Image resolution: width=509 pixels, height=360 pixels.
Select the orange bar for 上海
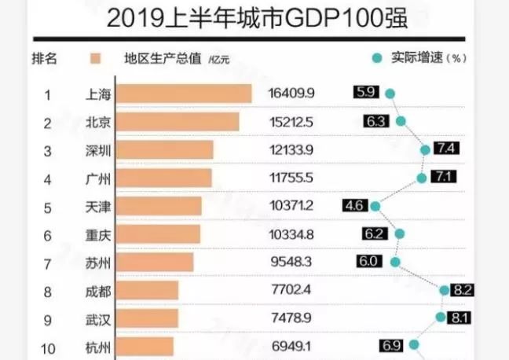(184, 94)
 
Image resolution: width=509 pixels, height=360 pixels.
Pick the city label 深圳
(97, 150)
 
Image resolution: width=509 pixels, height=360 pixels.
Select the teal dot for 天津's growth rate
(375, 206)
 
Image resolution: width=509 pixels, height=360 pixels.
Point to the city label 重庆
(97, 234)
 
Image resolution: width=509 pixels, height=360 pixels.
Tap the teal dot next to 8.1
(440, 318)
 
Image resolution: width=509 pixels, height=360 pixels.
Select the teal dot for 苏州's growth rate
(395, 263)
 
